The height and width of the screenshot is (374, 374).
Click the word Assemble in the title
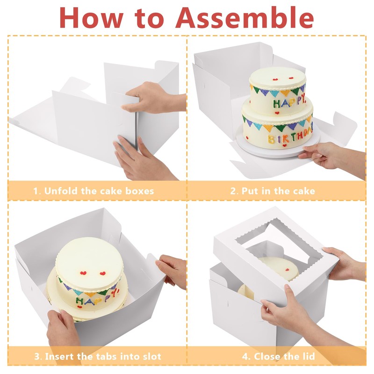coord(245,18)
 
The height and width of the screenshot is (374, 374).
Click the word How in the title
coord(91,18)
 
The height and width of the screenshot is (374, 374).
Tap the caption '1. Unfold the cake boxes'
coord(93,191)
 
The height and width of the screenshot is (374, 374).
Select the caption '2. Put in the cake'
coord(273,191)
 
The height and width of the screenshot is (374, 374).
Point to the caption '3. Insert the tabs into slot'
coord(98,357)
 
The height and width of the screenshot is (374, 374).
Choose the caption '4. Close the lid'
coord(278,357)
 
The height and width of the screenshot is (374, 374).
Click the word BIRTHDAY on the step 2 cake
coord(290,137)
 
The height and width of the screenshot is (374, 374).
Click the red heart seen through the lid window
coord(288,270)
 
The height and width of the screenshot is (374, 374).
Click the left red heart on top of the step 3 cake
coord(83,273)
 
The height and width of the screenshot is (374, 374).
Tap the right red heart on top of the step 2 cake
coord(291,78)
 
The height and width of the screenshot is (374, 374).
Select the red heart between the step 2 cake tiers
coord(277,113)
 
